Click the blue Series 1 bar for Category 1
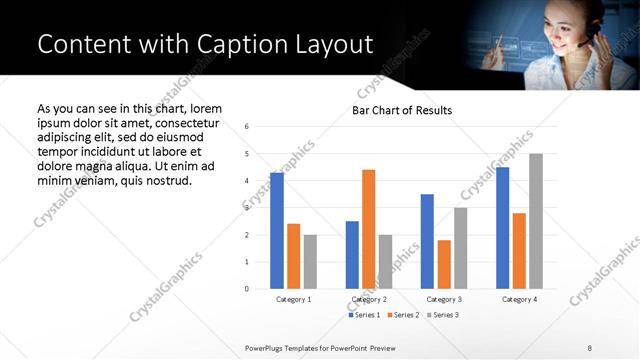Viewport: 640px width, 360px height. click(x=277, y=231)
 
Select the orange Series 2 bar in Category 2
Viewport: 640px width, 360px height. click(x=368, y=229)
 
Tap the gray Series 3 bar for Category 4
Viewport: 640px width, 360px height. click(x=536, y=221)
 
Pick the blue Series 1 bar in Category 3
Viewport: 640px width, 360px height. click(x=427, y=241)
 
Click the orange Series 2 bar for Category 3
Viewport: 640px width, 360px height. click(x=444, y=264)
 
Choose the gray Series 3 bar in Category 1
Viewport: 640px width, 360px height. click(x=310, y=262)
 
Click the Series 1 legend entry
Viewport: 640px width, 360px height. click(x=366, y=316)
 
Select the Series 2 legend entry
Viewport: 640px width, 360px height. click(x=403, y=316)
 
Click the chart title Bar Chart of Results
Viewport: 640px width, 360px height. click(x=402, y=110)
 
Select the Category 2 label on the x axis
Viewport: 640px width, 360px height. click(x=369, y=299)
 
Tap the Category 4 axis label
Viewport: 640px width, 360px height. click(x=519, y=299)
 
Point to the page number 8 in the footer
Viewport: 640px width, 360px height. click(x=590, y=347)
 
